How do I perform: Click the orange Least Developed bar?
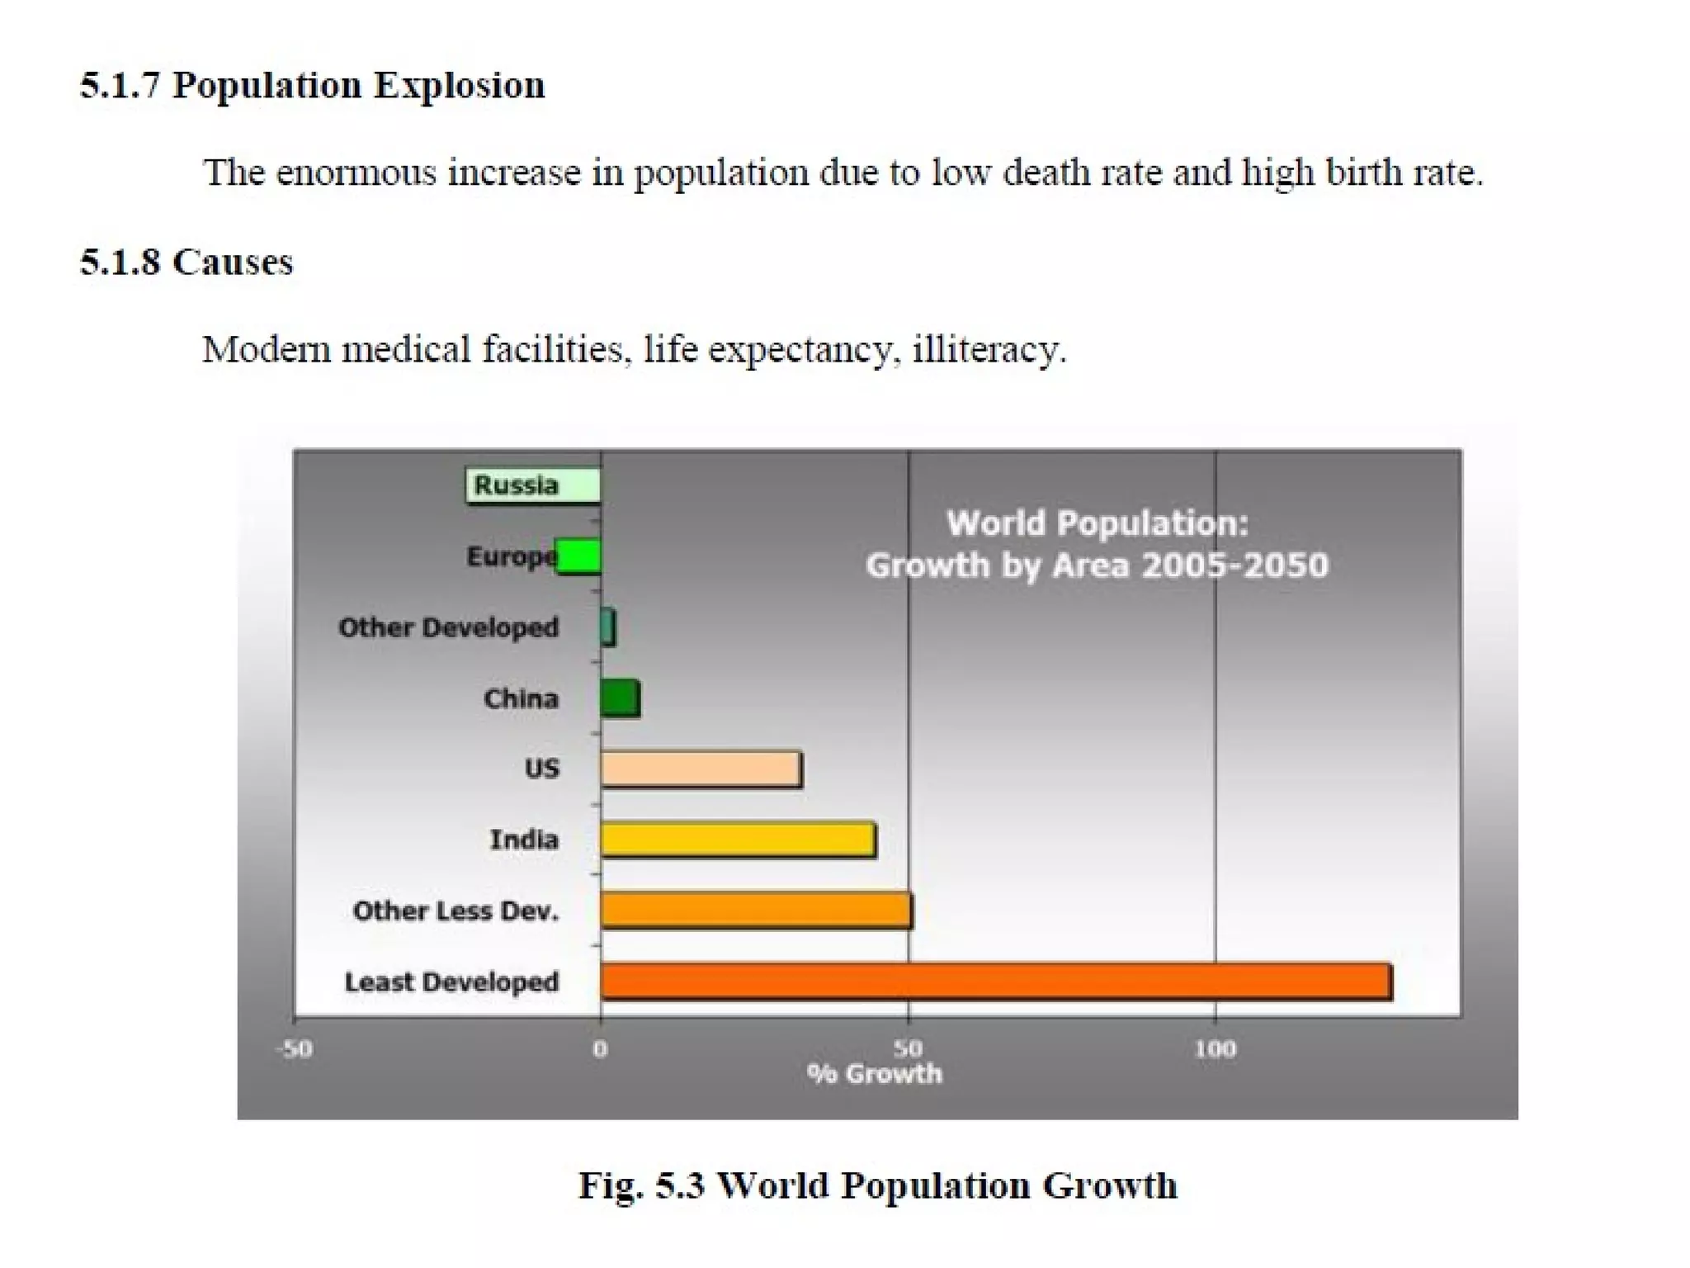(x=995, y=982)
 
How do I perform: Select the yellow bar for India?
(x=738, y=840)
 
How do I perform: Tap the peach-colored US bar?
(x=701, y=769)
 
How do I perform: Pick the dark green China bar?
(x=620, y=699)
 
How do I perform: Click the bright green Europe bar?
(x=578, y=556)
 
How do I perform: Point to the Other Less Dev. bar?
(x=756, y=911)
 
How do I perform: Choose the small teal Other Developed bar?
(x=608, y=627)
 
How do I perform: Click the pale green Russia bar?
(x=533, y=485)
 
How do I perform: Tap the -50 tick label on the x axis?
(x=295, y=1049)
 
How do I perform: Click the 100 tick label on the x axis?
(x=1215, y=1049)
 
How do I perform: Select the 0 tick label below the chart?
(x=600, y=1049)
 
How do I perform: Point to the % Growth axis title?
(x=875, y=1074)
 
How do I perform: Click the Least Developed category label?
(x=451, y=982)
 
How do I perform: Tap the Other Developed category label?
(x=448, y=627)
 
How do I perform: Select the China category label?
(x=521, y=699)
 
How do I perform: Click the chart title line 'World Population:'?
(x=1097, y=523)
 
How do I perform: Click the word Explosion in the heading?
(x=459, y=86)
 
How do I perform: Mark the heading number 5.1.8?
(x=120, y=263)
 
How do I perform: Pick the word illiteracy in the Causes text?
(x=989, y=350)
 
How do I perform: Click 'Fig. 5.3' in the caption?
(x=641, y=1186)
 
